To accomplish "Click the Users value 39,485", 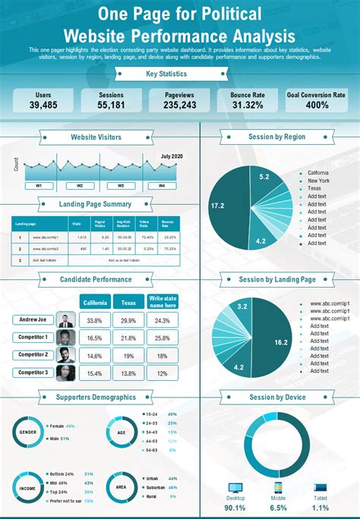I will pyautogui.click(x=43, y=105).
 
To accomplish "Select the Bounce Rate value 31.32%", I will pyautogui.click(x=247, y=105).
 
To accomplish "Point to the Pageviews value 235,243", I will pyautogui.click(x=179, y=105).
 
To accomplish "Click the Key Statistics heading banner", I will pyautogui.click(x=179, y=74).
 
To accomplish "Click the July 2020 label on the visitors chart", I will pyautogui.click(x=172, y=156).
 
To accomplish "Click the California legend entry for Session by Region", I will pyautogui.click(x=318, y=173).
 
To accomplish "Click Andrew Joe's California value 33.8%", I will pyautogui.click(x=95, y=320).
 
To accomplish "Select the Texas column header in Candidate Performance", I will pyautogui.click(x=128, y=301).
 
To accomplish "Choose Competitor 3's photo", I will pyautogui.click(x=66, y=373).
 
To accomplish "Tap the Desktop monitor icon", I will pyautogui.click(x=235, y=489).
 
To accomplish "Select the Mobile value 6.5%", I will pyautogui.click(x=278, y=508).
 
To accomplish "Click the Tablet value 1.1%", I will pyautogui.click(x=320, y=508).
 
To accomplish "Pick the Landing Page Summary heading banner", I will pyautogui.click(x=95, y=204).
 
